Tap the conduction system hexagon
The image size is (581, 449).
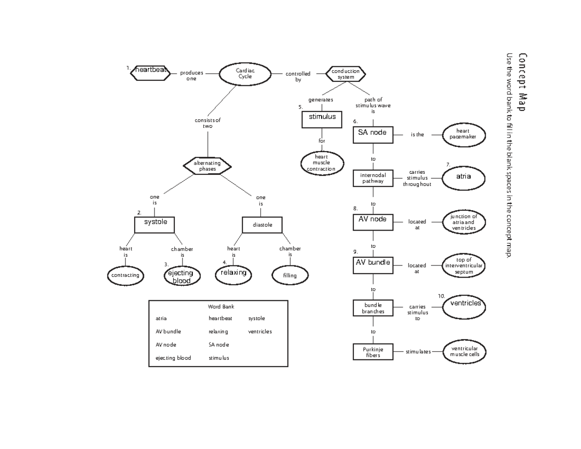click(x=346, y=74)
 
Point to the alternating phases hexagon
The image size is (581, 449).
click(x=207, y=166)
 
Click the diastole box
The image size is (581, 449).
click(x=262, y=225)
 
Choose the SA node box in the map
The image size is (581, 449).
click(x=372, y=133)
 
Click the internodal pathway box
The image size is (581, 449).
click(x=372, y=178)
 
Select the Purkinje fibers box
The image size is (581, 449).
click(x=373, y=352)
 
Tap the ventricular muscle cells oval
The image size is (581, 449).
click(x=464, y=352)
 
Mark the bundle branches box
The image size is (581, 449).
click(x=373, y=309)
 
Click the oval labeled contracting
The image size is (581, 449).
click(x=125, y=275)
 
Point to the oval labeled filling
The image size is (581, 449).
click(x=290, y=275)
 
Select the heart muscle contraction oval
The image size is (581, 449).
click(x=321, y=163)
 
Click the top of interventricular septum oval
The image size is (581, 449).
click(x=464, y=266)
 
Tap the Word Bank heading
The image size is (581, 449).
click(x=221, y=307)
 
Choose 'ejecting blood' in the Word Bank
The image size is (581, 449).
click(x=173, y=358)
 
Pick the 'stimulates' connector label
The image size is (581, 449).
click(x=418, y=352)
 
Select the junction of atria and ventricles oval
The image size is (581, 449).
click(x=464, y=222)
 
